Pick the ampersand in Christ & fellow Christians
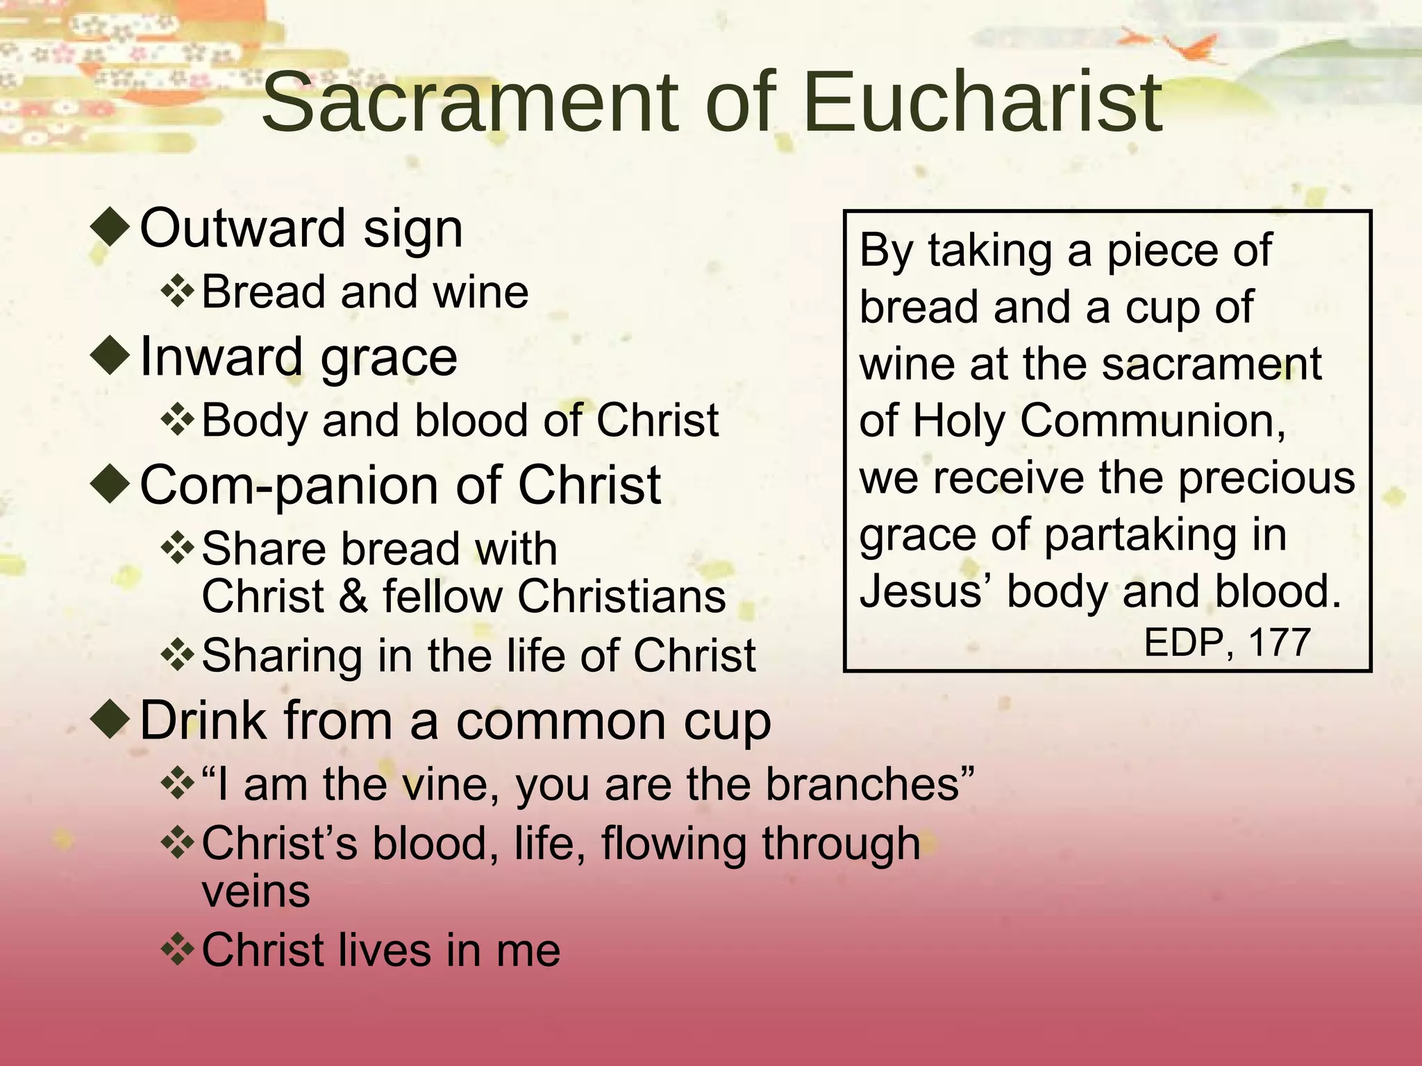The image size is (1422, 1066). pyautogui.click(x=353, y=597)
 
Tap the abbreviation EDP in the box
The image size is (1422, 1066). pyautogui.click(x=1183, y=642)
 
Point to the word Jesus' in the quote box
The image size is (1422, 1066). pyautogui.click(x=926, y=591)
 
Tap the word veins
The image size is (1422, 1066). pyautogui.click(x=256, y=892)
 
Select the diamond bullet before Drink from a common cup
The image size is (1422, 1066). pyautogui.click(x=111, y=720)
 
